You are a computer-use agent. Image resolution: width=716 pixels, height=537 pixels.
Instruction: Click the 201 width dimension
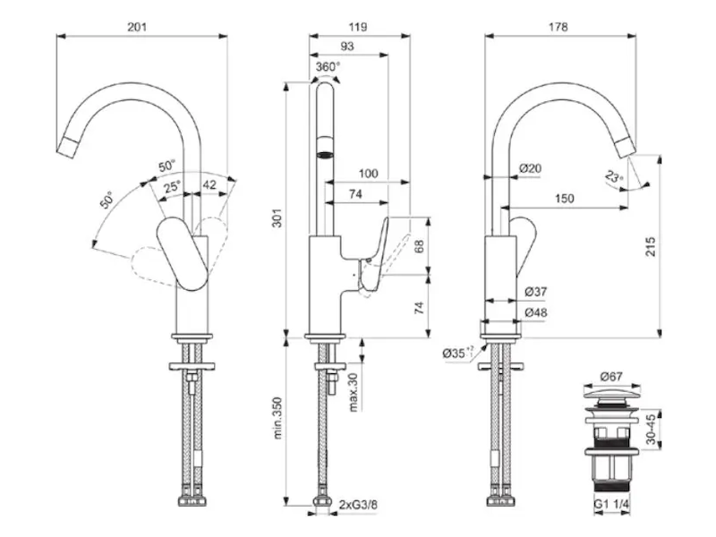click(137, 27)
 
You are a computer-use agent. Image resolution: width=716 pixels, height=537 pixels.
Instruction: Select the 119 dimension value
click(361, 27)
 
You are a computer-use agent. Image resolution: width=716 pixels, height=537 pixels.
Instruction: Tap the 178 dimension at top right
click(558, 27)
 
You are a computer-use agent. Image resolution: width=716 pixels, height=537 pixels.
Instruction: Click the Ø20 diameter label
click(531, 169)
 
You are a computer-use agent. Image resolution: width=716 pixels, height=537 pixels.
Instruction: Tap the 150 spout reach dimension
click(564, 200)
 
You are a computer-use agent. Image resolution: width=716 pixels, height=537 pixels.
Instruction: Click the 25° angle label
click(172, 187)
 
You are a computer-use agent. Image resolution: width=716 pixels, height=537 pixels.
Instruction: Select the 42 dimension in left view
click(209, 185)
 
